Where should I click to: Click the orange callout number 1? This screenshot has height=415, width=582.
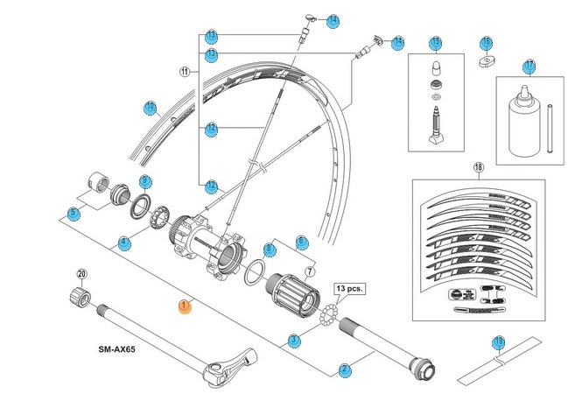[x=184, y=306]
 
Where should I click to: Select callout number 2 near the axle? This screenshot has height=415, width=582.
[x=345, y=369]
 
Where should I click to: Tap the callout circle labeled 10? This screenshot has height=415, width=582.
[x=151, y=108]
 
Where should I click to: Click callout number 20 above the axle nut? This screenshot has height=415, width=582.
[x=81, y=274]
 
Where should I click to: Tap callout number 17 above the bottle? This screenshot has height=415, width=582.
[x=529, y=66]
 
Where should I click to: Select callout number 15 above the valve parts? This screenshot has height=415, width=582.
[x=435, y=43]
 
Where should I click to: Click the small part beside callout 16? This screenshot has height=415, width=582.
[x=486, y=60]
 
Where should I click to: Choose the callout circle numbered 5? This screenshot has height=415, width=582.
[x=73, y=213]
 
